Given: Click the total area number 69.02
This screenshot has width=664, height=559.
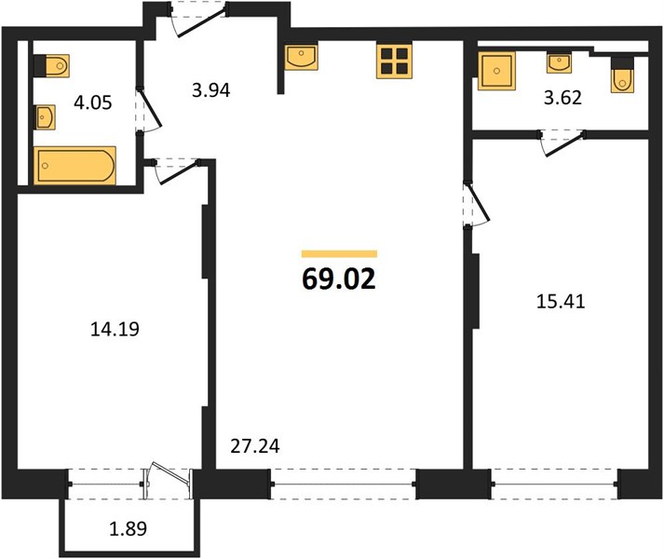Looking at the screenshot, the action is [339, 279].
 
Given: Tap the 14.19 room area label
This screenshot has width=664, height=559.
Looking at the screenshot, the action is [115, 329].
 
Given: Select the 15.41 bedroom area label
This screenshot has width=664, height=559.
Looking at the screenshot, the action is [561, 302].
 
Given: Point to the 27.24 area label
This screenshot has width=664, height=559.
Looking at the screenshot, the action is [255, 446].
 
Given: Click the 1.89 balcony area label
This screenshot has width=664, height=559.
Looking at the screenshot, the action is [129, 528].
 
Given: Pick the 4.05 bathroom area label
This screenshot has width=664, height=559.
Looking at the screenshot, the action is [93, 102].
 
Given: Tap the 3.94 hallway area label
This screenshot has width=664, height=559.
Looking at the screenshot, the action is [210, 90].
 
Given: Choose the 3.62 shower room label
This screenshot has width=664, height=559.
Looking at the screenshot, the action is [562, 98].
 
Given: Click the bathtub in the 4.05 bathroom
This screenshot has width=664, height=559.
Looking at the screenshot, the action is [75, 165].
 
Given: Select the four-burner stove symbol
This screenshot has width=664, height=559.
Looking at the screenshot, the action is [394, 61].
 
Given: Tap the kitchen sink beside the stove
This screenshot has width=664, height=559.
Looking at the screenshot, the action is [301, 57].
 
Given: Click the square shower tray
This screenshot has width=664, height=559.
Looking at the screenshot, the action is [496, 71].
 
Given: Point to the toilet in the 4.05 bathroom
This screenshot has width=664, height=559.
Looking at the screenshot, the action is [51, 66].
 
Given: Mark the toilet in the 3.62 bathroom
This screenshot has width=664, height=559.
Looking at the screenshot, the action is [622, 75].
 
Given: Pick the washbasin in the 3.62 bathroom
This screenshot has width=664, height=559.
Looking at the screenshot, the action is [559, 62].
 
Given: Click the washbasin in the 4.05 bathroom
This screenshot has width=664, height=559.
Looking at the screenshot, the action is [45, 117].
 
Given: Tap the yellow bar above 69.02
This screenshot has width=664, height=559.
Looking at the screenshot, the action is [339, 253].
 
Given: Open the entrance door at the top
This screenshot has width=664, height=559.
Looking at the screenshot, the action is [198, 19].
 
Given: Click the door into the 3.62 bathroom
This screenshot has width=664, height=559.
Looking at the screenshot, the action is [562, 142].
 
